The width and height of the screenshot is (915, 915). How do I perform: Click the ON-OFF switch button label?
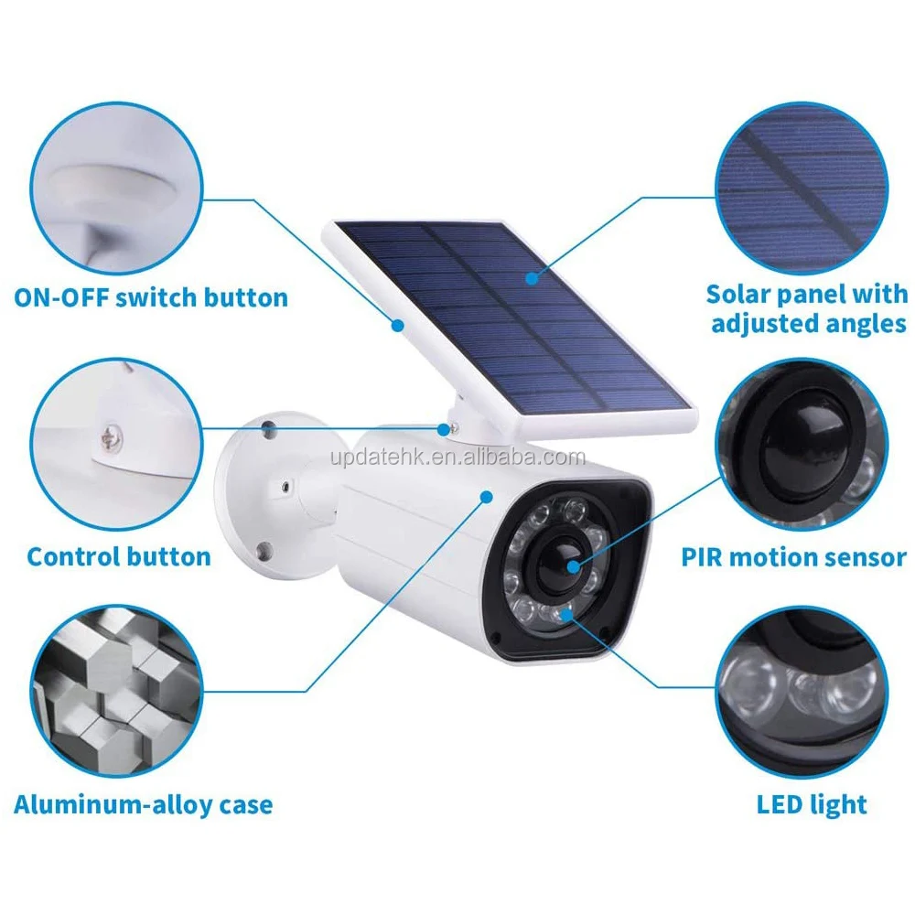[x=151, y=297]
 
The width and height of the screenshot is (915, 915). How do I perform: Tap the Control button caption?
[x=119, y=556]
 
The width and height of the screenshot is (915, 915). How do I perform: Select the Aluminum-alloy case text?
[x=144, y=805]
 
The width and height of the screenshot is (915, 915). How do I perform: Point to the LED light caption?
[x=812, y=805]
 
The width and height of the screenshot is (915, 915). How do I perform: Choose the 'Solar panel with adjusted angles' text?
[x=807, y=308]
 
